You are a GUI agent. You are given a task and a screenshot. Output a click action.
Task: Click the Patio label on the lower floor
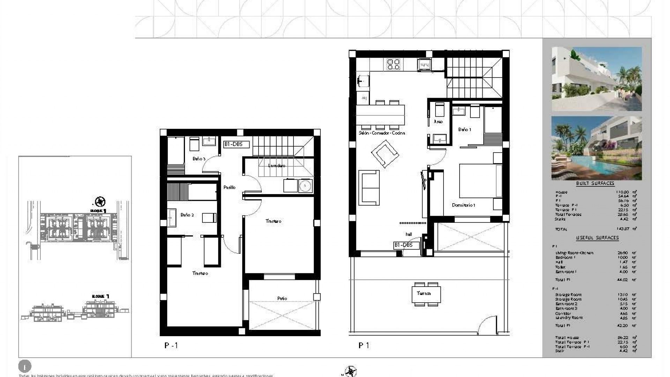coord(282,298)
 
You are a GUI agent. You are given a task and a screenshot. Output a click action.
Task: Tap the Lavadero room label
coord(277,165)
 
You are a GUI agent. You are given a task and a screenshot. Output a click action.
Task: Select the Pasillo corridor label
coord(229,187)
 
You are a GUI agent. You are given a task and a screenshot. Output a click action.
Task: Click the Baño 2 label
coord(187,215)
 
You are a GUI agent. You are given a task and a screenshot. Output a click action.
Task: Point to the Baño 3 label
coord(199,159)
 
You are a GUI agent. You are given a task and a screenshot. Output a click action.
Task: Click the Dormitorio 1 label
coord(463,205)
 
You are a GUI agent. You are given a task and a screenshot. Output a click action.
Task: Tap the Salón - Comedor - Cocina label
coord(382,133)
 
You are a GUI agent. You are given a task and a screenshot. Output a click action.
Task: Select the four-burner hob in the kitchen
coord(394,64)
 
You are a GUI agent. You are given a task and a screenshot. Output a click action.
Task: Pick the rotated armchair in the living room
coord(385,154)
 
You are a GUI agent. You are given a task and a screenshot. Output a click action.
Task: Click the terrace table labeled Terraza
coord(426,294)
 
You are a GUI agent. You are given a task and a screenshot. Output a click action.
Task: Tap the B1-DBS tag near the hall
coord(403,245)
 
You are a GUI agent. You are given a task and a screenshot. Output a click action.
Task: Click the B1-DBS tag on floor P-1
coord(237,144)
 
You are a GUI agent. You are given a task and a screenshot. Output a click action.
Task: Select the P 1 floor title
coord(364,345)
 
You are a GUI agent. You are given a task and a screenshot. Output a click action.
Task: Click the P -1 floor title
coord(171,346)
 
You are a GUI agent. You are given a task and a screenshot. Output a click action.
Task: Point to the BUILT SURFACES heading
coord(595,183)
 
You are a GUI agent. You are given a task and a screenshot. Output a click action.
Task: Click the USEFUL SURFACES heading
coord(597,238)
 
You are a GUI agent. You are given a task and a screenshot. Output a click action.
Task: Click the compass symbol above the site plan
coord(100,201)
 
